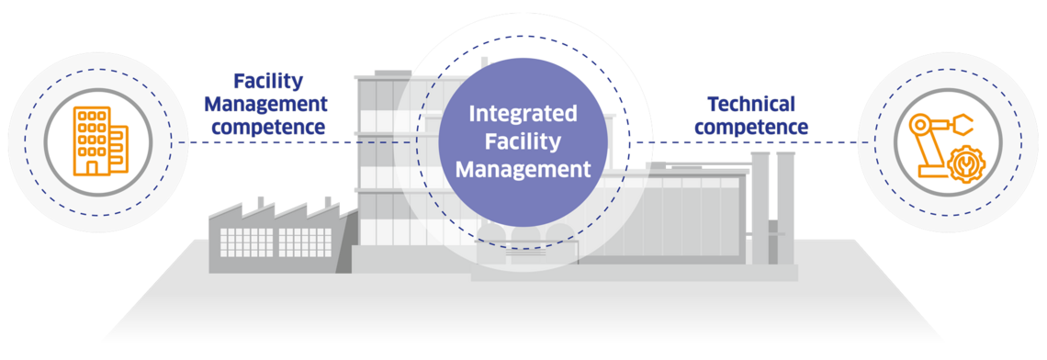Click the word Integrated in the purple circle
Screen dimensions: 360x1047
tap(523, 114)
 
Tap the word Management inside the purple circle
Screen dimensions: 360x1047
tap(523, 169)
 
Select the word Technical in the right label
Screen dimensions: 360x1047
tap(750, 104)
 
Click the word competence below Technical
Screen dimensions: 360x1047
tap(750, 127)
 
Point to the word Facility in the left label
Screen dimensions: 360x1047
tap(268, 81)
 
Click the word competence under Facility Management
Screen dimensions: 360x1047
tap(268, 127)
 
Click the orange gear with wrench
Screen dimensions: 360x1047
tap(963, 166)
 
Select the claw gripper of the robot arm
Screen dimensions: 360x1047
tap(963, 121)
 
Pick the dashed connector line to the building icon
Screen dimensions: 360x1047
tap(276, 142)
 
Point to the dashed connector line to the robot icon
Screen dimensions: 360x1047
tap(753, 142)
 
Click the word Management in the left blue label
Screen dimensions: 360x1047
tap(268, 104)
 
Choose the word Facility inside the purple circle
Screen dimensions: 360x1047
tap(523, 141)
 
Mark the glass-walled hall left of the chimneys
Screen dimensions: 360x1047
tap(680, 220)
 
